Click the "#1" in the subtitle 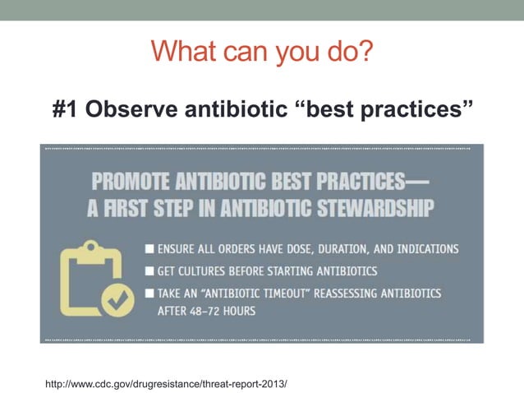point(71,110)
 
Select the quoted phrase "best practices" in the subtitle point(384,110)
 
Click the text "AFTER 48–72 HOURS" point(206,312)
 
